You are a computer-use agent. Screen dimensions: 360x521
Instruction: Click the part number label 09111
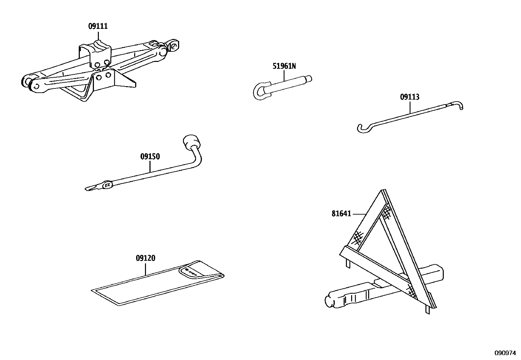pyautogui.click(x=98, y=26)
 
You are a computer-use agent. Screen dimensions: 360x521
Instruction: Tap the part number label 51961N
pyautogui.click(x=284, y=66)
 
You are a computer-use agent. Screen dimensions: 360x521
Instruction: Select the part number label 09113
pyautogui.click(x=410, y=97)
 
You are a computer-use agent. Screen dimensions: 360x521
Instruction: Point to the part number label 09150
pyautogui.click(x=150, y=157)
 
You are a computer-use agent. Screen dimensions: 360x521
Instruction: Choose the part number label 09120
pyautogui.click(x=145, y=258)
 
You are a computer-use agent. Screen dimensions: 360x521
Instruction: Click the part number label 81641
pyautogui.click(x=341, y=214)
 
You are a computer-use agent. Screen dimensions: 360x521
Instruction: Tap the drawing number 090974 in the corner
pyautogui.click(x=505, y=353)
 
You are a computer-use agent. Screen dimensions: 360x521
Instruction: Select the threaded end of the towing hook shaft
pyautogui.click(x=308, y=79)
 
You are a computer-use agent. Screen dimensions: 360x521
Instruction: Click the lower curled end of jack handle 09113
pyautogui.click(x=362, y=128)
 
